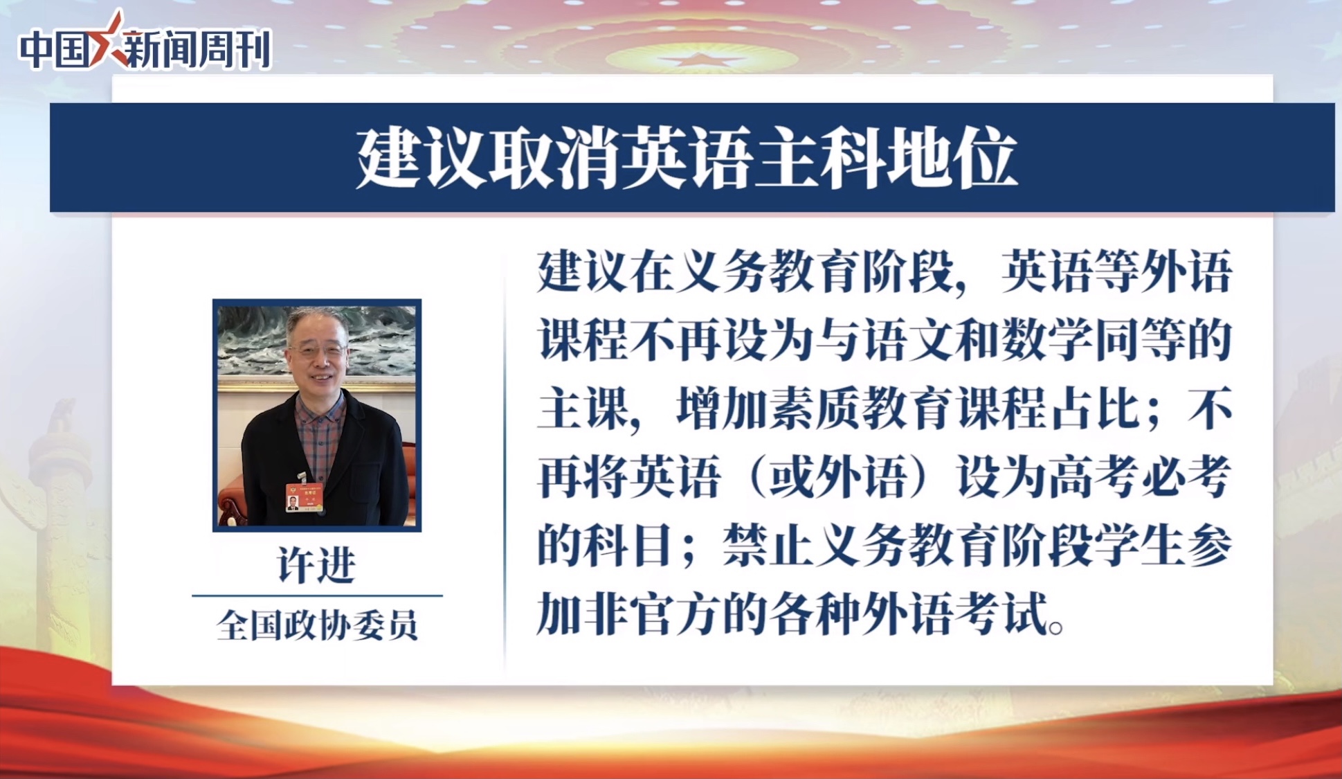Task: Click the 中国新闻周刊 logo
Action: coord(145,43)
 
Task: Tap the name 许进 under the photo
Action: coord(317,565)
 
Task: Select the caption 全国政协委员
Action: coord(317,625)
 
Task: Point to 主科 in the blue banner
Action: coord(819,159)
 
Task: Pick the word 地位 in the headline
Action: coord(952,159)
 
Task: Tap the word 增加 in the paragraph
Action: coord(721,409)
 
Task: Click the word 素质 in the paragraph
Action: coord(815,409)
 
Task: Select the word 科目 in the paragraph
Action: coord(628,546)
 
